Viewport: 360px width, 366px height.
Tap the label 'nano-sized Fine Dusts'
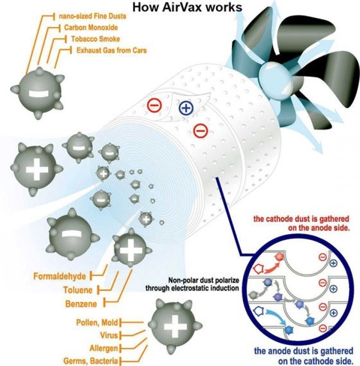[x=92, y=17]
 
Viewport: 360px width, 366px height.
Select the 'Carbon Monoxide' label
[x=91, y=27]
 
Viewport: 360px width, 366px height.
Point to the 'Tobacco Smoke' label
[x=95, y=39]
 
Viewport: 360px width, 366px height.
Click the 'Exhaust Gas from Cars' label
[x=111, y=50]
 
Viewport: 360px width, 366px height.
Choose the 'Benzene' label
[x=81, y=304]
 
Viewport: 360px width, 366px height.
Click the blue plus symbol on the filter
[x=185, y=107]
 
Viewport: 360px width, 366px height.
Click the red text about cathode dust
[x=302, y=223]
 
